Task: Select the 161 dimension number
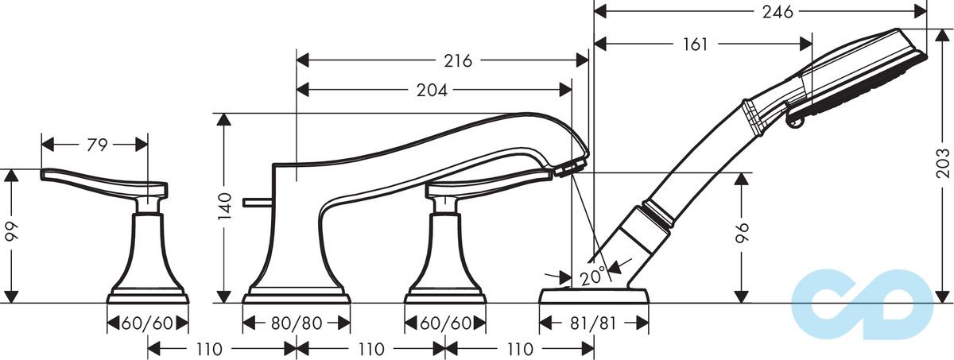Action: click(x=694, y=45)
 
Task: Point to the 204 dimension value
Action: click(x=431, y=91)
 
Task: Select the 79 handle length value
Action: click(x=97, y=145)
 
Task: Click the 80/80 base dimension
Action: click(x=297, y=323)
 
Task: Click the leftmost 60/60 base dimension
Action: click(x=148, y=323)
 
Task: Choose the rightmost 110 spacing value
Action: click(x=519, y=349)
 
